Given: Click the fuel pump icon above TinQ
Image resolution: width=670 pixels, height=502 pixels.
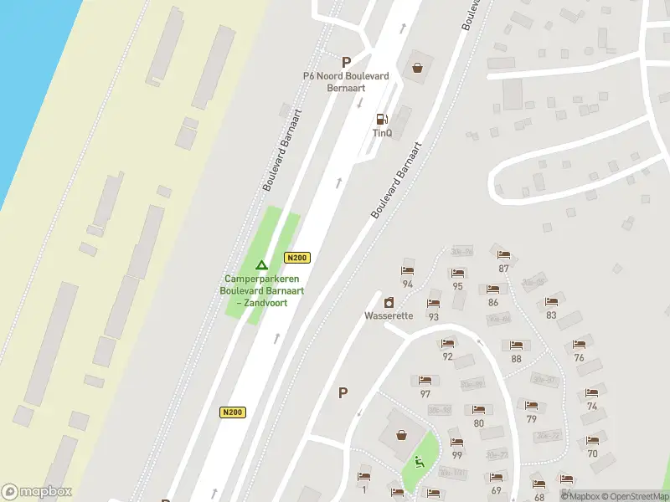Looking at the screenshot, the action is click(382, 119).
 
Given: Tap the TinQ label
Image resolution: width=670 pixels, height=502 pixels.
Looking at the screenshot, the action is click(382, 132).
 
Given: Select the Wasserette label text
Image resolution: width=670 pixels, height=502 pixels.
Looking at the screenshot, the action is click(389, 315).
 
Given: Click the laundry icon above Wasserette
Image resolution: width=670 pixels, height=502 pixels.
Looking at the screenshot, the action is click(389, 302).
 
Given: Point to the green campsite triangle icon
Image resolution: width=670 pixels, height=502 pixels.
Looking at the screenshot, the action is click(261, 265).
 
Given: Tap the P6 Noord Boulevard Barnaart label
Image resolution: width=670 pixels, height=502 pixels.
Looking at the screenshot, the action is click(346, 81).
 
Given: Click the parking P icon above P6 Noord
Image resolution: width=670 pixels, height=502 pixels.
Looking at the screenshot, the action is click(346, 62).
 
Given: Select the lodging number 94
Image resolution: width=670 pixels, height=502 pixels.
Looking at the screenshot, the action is click(408, 284).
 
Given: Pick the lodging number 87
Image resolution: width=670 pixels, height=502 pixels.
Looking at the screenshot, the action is click(503, 269).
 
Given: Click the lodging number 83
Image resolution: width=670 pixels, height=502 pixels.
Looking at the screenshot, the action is click(551, 315).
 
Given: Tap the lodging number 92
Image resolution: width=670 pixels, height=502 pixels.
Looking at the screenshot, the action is click(447, 356).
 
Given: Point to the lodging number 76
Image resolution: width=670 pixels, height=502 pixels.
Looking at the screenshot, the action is click(579, 357).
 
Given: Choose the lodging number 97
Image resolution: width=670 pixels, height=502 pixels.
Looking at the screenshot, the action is click(425, 393).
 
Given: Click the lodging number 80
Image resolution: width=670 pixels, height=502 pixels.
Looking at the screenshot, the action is click(478, 423).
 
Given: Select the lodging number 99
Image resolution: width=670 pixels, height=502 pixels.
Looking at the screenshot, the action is click(456, 454).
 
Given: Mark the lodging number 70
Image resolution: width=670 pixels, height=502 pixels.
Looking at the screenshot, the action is click(592, 453).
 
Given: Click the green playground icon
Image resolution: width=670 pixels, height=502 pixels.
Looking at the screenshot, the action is click(418, 460).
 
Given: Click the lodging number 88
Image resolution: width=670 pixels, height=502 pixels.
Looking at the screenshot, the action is click(516, 359).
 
